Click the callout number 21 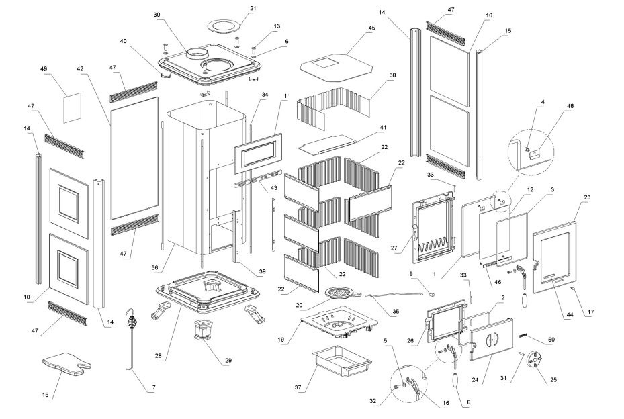click(x=234, y=8)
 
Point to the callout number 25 click(x=553, y=381)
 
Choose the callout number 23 click(x=587, y=198)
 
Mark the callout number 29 click(x=228, y=361)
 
